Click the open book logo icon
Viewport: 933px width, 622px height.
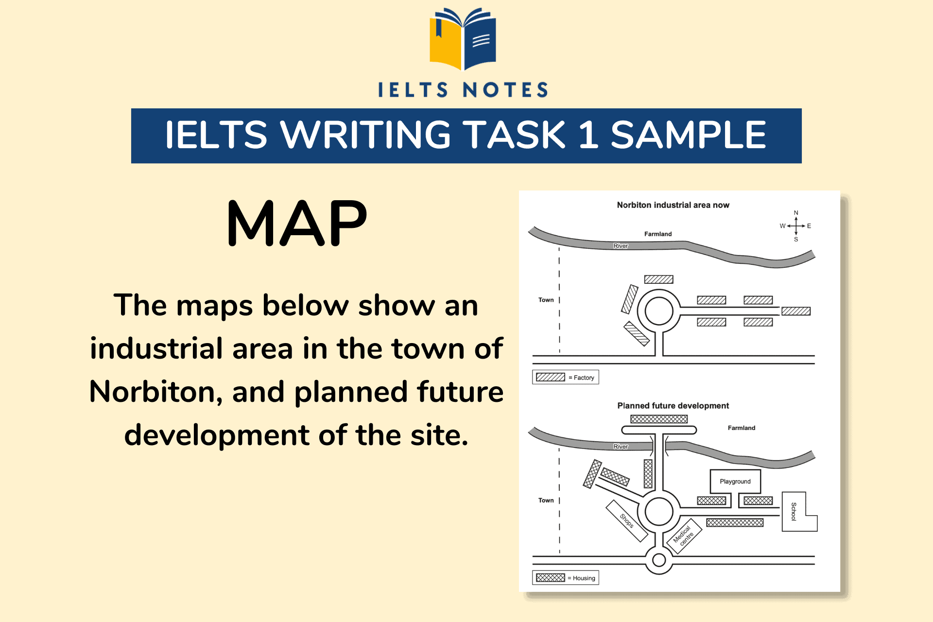[463, 39]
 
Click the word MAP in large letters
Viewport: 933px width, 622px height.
[297, 223]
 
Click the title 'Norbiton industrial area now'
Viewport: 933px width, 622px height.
[673, 205]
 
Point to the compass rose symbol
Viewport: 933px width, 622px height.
[795, 226]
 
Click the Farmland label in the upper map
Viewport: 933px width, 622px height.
[658, 234]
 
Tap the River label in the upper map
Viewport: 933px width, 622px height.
[621, 246]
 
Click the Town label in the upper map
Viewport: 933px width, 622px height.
[546, 300]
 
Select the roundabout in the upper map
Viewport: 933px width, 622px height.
[658, 311]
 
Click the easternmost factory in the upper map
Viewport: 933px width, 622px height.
[795, 311]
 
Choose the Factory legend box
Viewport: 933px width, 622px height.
[565, 377]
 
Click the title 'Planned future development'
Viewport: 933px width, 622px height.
[673, 406]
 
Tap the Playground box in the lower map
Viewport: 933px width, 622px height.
[735, 481]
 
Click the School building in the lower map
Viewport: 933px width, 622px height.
[794, 512]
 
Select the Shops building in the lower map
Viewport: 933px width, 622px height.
[626, 520]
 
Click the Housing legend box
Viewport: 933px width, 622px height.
[565, 578]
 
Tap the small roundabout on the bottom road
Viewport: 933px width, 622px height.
[658, 560]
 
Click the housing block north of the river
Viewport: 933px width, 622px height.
[658, 419]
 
